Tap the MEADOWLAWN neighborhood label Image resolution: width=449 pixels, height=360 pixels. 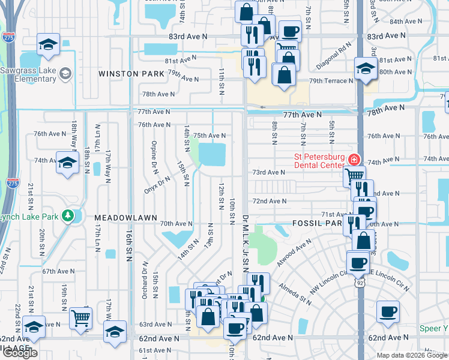(x=125, y=217)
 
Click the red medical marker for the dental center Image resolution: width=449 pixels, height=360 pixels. (x=354, y=160)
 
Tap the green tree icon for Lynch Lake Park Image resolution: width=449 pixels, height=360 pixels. (x=69, y=215)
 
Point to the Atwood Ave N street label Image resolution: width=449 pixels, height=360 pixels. (x=294, y=253)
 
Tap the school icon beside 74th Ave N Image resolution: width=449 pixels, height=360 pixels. (x=67, y=162)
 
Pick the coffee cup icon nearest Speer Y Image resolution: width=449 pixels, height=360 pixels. (x=387, y=312)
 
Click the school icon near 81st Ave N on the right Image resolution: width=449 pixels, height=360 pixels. (x=365, y=68)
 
